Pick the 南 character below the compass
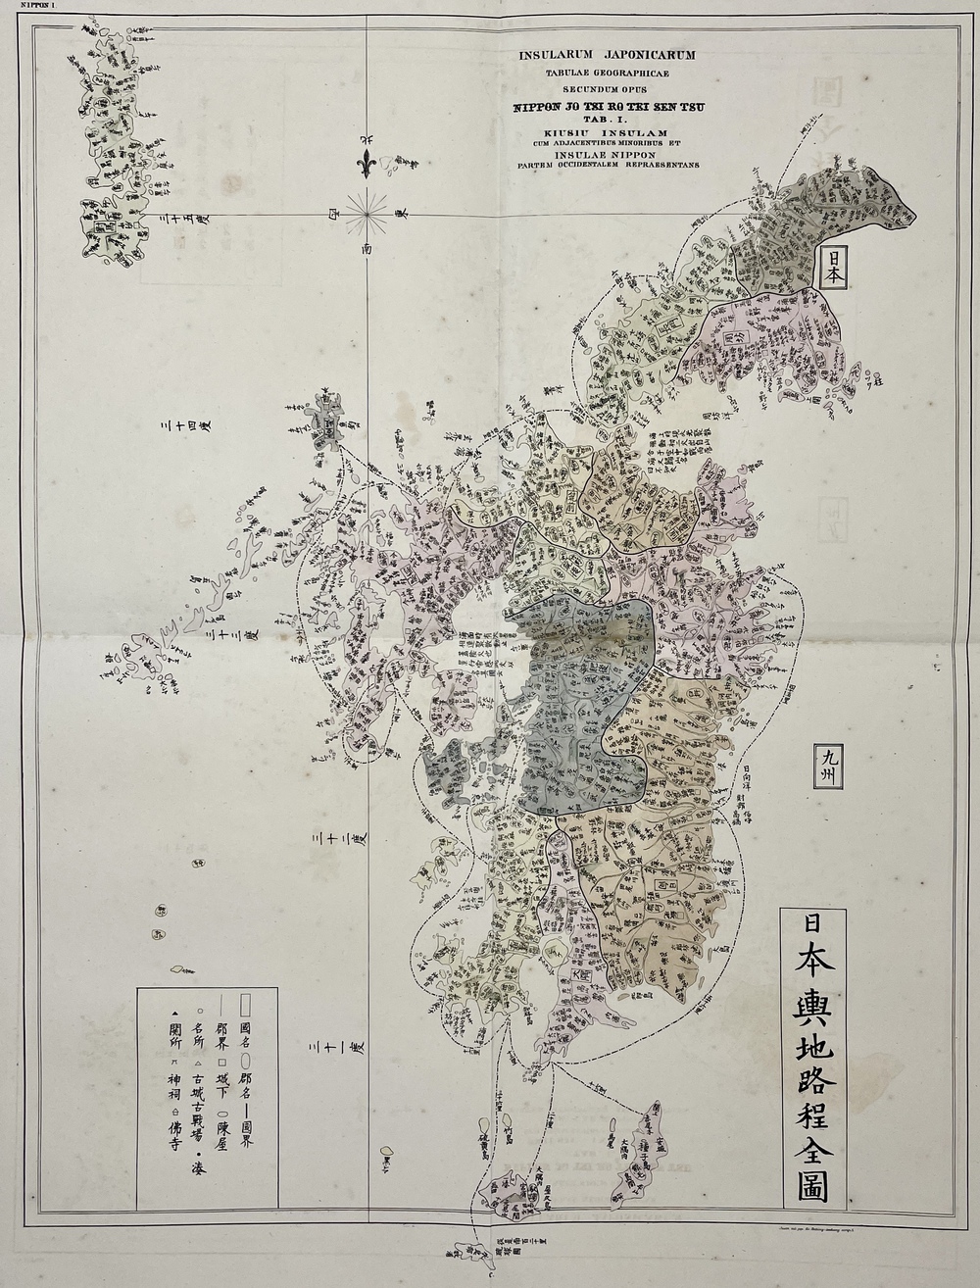tap(367, 251)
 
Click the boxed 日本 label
tap(831, 267)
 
